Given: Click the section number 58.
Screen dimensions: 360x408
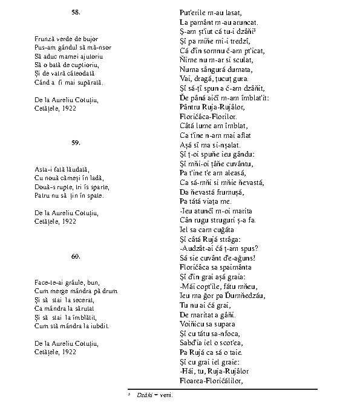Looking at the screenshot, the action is (x=76, y=12).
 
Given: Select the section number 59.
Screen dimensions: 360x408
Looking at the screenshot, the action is (x=76, y=143).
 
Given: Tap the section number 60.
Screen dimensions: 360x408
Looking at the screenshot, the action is (x=76, y=256).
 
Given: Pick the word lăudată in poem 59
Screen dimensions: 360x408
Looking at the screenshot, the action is (x=68, y=169).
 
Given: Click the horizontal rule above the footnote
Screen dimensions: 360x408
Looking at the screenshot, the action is (x=222, y=389).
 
